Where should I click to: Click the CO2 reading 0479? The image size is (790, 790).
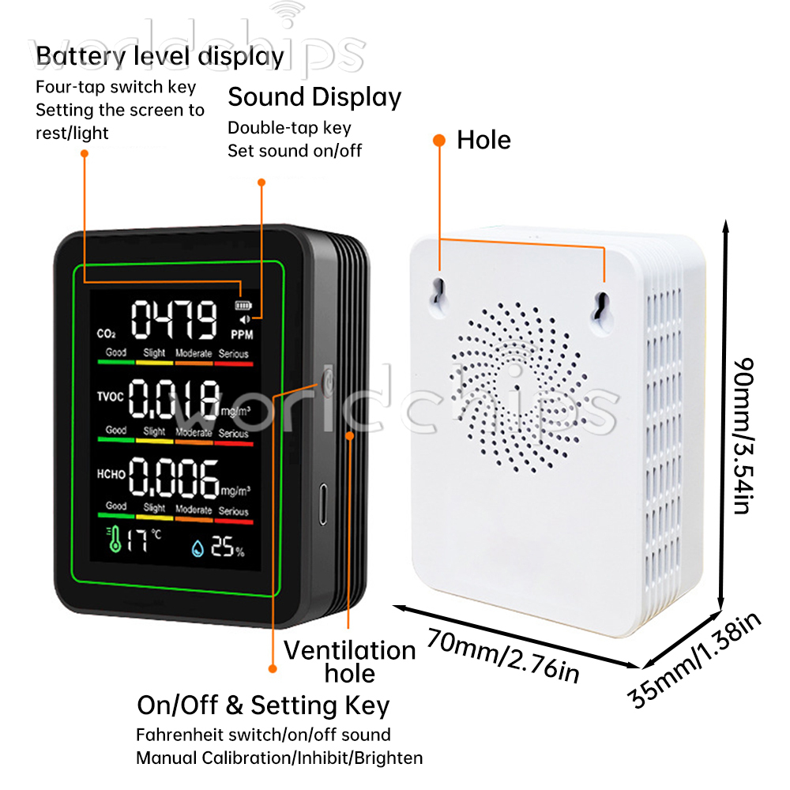[x=175, y=319]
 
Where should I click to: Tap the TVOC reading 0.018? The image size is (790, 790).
[x=175, y=398]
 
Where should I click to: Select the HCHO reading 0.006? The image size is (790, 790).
[x=175, y=476]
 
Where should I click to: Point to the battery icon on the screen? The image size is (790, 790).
[x=243, y=305]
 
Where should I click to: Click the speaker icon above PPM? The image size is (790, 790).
[x=245, y=319]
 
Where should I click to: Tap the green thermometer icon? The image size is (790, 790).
[x=114, y=539]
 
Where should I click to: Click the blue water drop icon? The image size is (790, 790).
[x=197, y=548]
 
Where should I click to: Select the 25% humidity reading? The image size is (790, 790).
[x=228, y=546]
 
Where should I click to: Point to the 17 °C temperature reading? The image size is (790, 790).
[x=144, y=540]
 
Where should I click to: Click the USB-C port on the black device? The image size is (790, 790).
[x=323, y=504]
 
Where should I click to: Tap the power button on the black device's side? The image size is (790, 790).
[x=328, y=382]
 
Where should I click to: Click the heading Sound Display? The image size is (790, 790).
[x=314, y=97]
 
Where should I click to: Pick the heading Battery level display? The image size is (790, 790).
[x=160, y=56]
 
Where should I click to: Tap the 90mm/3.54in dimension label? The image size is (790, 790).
[x=743, y=436]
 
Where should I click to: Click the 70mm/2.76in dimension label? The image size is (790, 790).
[x=503, y=656]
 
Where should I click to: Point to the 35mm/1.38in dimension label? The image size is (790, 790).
[x=694, y=660]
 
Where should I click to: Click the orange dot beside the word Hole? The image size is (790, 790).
[x=439, y=140]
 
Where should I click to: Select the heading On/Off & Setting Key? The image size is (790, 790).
[x=264, y=705]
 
